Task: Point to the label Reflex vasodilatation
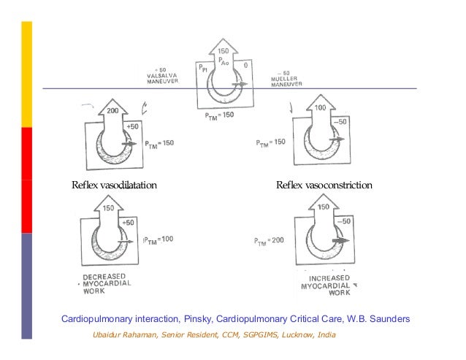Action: (114, 185)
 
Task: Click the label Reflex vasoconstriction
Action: (324, 185)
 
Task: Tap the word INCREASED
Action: (329, 279)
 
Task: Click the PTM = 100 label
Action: (158, 239)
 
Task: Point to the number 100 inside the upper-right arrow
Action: (321, 107)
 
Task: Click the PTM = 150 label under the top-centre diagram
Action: (218, 115)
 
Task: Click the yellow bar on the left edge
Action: (26, 73)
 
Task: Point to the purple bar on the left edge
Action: (26, 286)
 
